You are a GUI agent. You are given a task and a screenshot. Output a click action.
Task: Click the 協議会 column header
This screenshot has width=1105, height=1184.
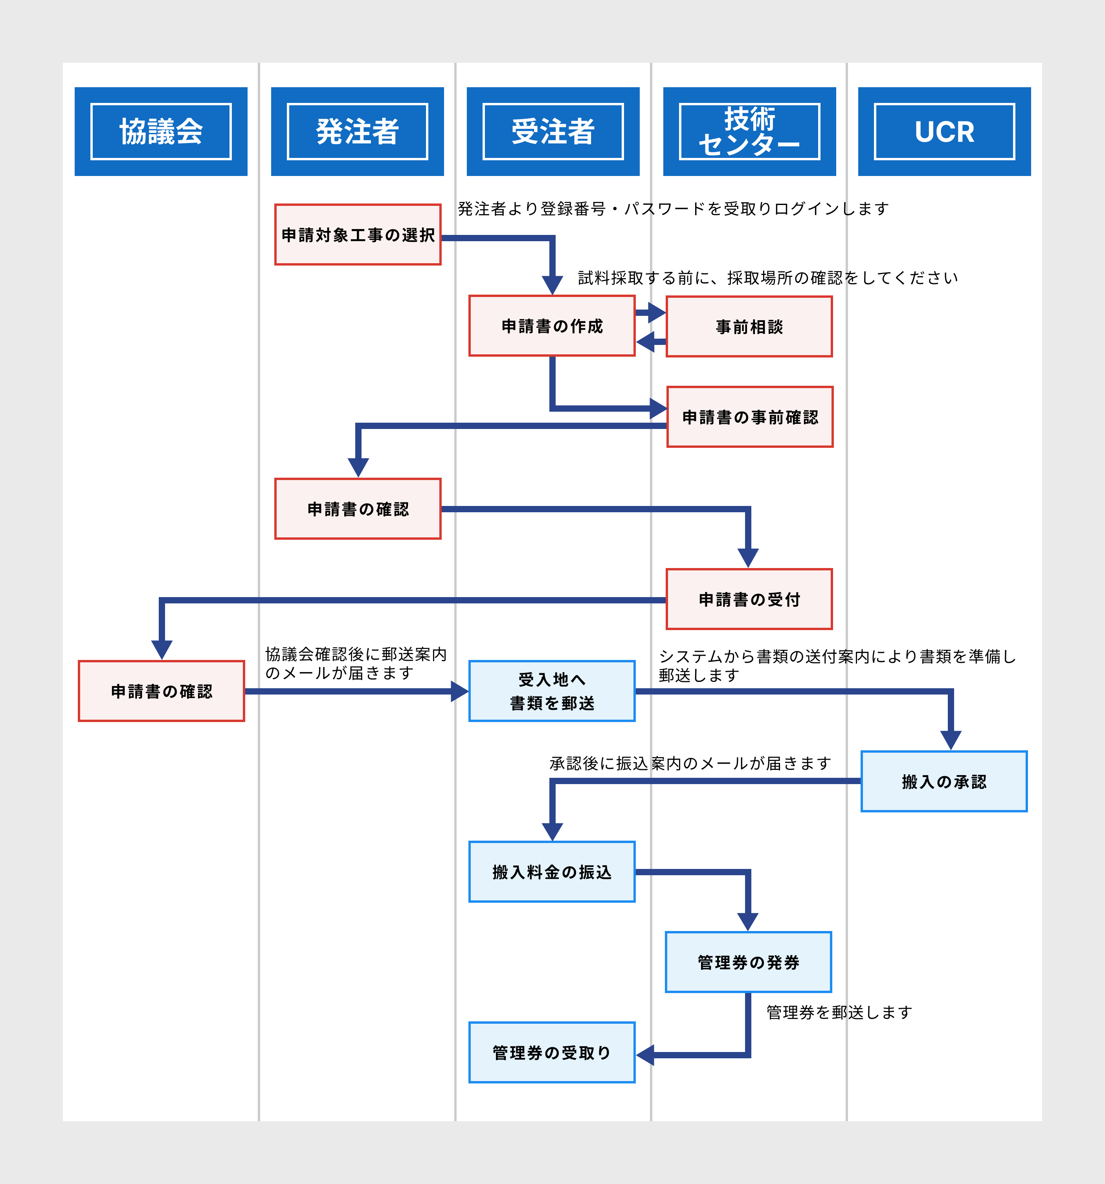tap(161, 132)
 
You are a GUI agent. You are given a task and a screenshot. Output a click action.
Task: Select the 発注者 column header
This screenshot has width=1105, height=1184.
tap(358, 132)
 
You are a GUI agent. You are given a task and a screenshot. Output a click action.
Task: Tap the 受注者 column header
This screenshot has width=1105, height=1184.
tap(553, 132)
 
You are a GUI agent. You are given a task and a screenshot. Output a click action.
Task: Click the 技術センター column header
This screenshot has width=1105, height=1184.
tap(749, 132)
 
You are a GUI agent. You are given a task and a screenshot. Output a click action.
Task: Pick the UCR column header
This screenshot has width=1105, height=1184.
tap(944, 132)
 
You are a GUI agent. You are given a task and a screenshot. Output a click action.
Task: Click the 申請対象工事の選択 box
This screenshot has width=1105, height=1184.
tap(358, 235)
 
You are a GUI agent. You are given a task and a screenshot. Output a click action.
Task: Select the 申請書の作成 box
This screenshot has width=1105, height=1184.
tap(552, 326)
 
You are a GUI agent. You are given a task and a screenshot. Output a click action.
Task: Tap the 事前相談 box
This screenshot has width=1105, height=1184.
tap(749, 326)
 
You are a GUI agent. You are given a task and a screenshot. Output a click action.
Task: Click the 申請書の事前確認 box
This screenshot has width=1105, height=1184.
tap(749, 417)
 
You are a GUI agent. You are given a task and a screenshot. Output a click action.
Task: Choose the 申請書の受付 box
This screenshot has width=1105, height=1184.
tap(749, 599)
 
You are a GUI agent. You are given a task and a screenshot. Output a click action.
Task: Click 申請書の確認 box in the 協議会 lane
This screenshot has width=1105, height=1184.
tap(162, 691)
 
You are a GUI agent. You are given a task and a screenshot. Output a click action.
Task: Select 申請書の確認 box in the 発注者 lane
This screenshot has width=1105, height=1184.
tap(358, 509)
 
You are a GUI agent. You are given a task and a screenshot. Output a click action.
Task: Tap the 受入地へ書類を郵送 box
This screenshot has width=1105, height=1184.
tap(552, 691)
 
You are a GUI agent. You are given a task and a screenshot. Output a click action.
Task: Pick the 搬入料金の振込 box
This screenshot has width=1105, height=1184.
tap(552, 872)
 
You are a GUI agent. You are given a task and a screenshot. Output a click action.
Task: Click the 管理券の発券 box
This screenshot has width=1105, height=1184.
tap(748, 962)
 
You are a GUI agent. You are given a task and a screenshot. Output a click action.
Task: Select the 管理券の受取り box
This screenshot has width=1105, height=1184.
tap(552, 1053)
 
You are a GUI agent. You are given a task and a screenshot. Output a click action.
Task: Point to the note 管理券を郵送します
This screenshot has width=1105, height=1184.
tap(839, 1012)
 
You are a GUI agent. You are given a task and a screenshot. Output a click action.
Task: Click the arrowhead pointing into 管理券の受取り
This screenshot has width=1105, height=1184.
tap(645, 1055)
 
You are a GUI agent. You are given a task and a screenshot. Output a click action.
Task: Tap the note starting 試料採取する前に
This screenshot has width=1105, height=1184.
tap(767, 278)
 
